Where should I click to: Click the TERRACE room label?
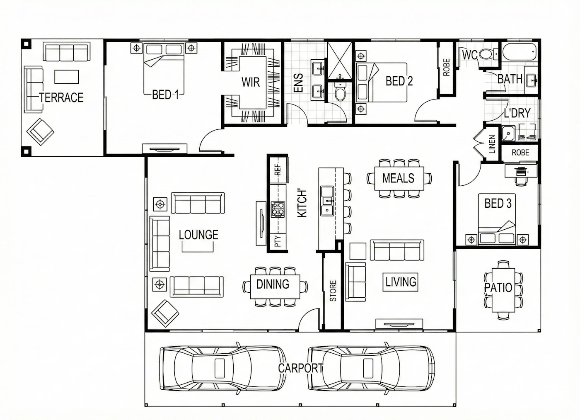(x=61, y=97)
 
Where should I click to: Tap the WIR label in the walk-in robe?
(x=250, y=82)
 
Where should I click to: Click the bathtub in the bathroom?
(x=520, y=52)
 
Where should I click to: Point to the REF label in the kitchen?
(x=278, y=170)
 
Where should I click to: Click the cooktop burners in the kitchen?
(x=278, y=209)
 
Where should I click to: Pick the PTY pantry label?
(x=278, y=241)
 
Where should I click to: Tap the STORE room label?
(x=333, y=291)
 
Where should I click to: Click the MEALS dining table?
(x=399, y=179)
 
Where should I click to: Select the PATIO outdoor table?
(x=503, y=290)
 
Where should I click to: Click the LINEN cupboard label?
(x=492, y=144)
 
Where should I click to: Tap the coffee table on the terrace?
(x=67, y=77)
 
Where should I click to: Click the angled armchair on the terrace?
(x=41, y=132)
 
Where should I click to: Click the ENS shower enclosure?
(x=340, y=60)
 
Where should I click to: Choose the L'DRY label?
(x=517, y=113)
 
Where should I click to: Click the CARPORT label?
(x=301, y=368)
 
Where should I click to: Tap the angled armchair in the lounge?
(x=165, y=313)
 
